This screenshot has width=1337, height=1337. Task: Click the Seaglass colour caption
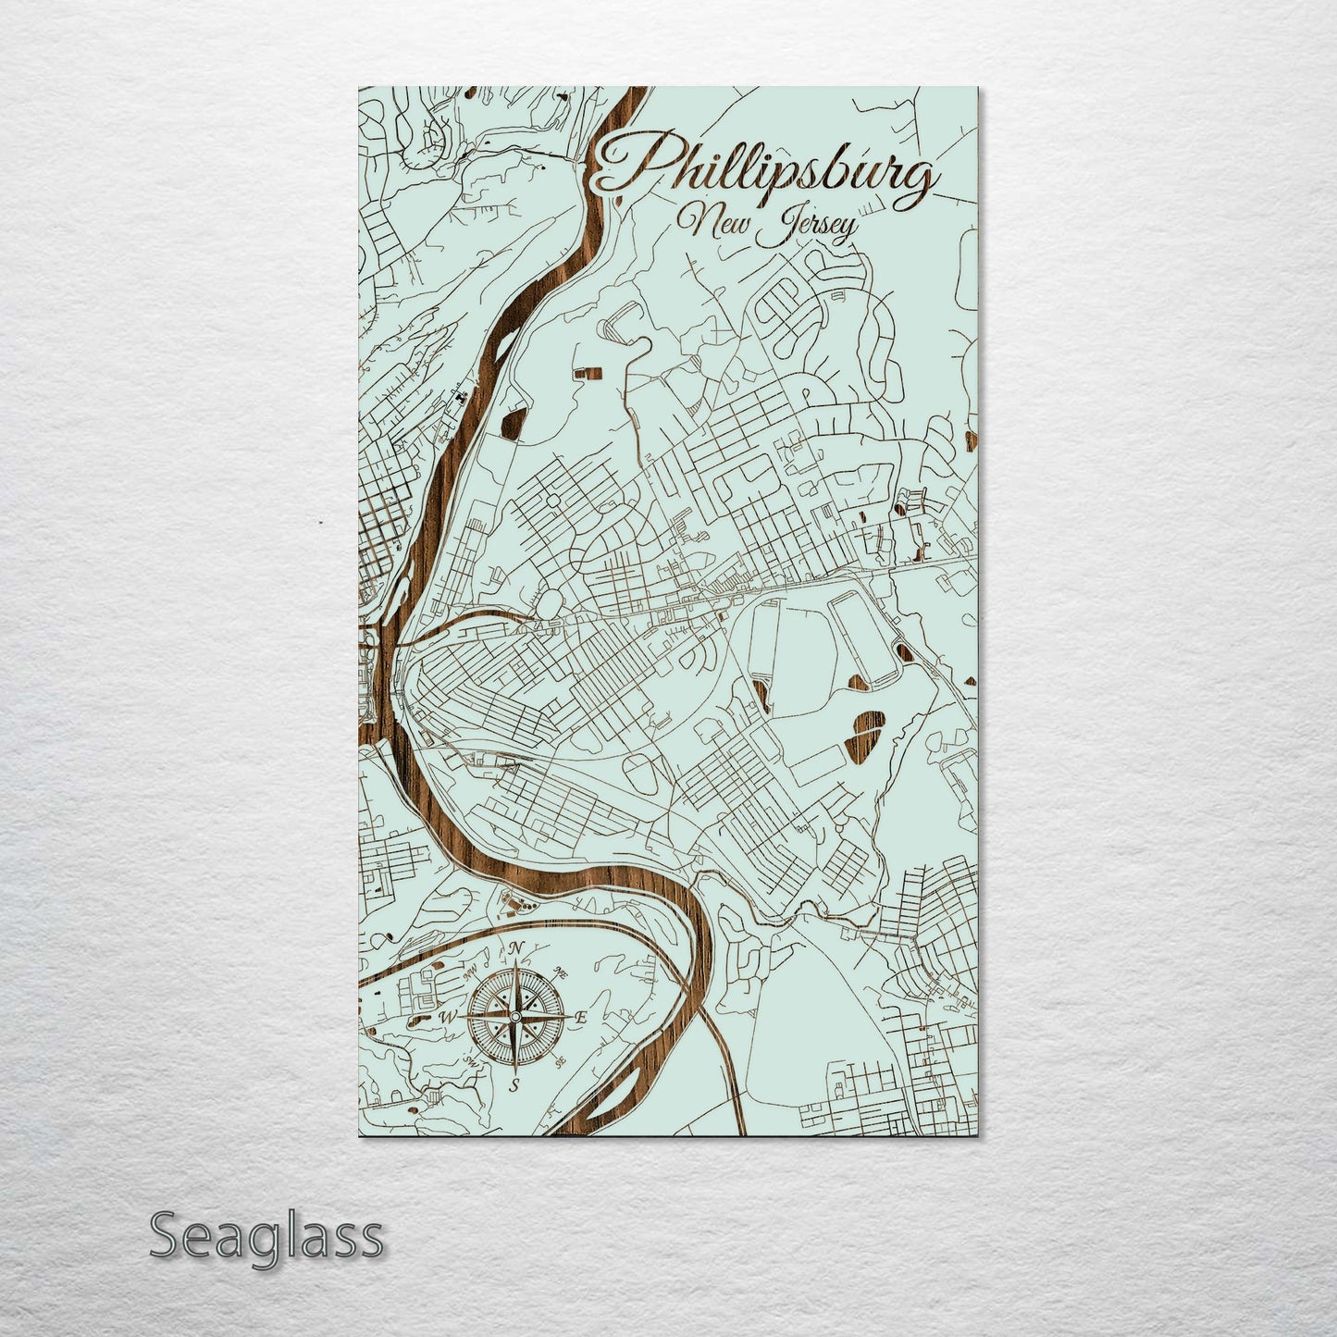tap(266, 1236)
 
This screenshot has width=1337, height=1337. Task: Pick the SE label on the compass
tap(561, 1064)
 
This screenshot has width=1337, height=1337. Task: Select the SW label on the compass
tap(472, 1061)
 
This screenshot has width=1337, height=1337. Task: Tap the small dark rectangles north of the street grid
tap(588, 373)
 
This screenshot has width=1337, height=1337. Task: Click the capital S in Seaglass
tap(164, 1236)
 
